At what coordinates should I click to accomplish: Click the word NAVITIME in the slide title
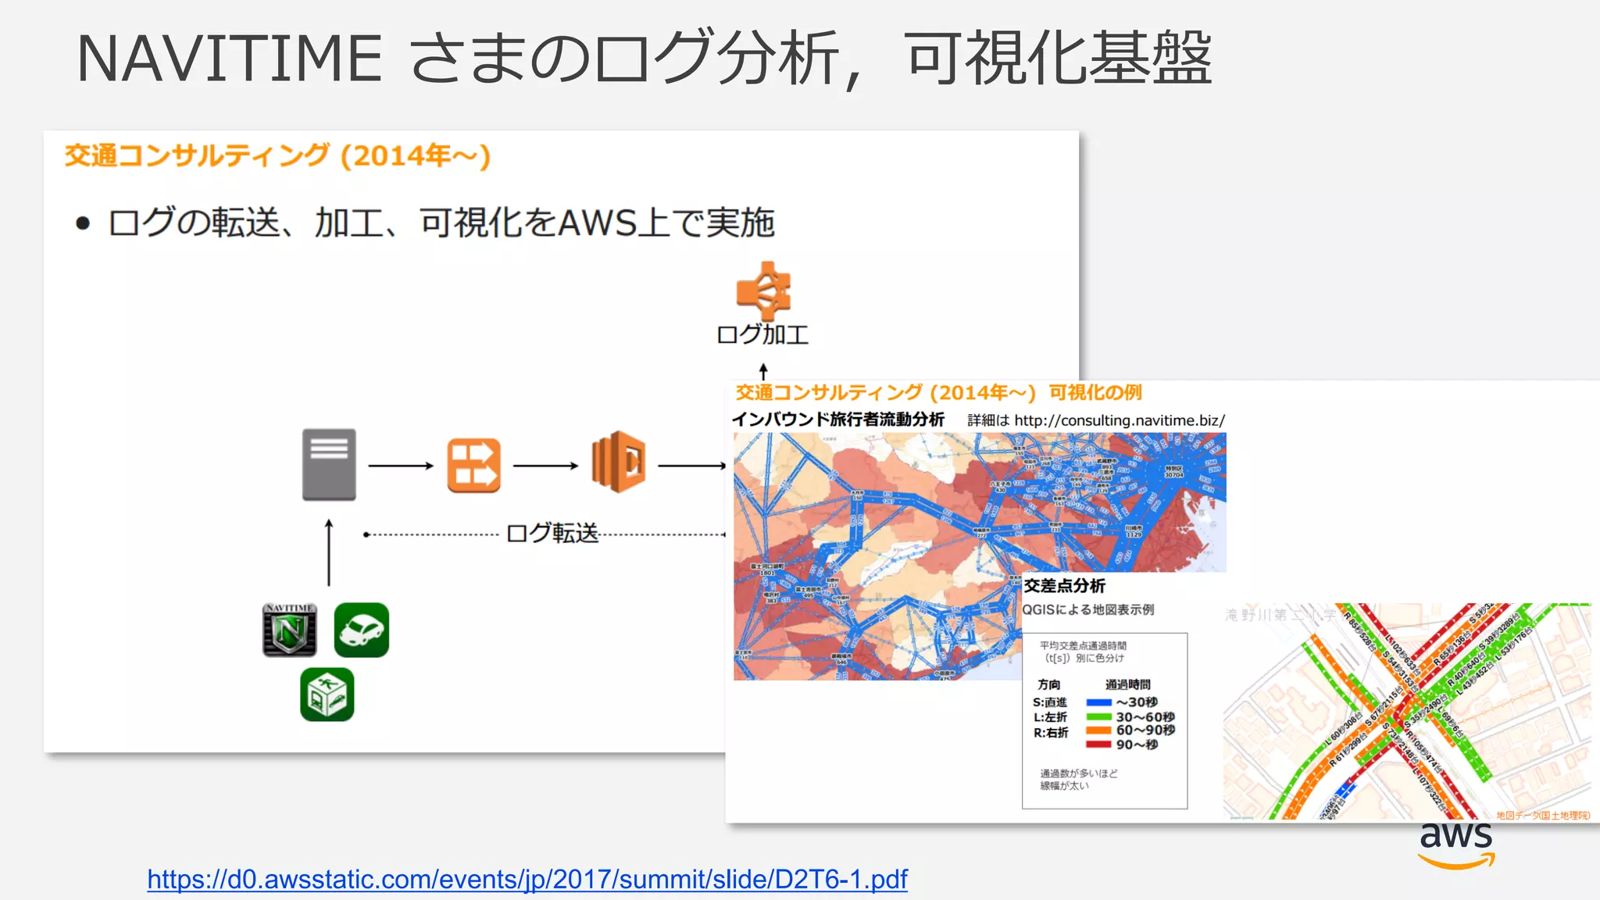[x=229, y=59]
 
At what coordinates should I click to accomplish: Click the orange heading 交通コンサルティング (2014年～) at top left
[x=277, y=155]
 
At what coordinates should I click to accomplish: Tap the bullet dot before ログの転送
[x=83, y=224]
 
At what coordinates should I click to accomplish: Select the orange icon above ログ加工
[x=763, y=291]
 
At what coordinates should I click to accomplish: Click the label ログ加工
[x=762, y=335]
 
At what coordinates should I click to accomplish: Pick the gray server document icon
[x=329, y=464]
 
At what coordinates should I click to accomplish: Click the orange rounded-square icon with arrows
[x=473, y=466]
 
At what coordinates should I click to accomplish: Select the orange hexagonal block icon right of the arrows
[x=619, y=462]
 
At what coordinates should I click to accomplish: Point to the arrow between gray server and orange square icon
[x=400, y=466]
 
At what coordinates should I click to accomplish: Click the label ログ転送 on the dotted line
[x=552, y=534]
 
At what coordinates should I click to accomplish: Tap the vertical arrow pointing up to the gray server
[x=329, y=552]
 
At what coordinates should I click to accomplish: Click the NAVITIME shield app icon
[x=290, y=630]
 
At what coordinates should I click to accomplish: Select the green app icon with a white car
[x=361, y=630]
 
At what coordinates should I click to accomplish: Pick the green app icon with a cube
[x=327, y=695]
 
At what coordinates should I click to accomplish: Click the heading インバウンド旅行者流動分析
[x=838, y=420]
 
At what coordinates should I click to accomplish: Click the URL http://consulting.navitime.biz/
[x=1119, y=420]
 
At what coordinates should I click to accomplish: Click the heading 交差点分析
[x=1064, y=586]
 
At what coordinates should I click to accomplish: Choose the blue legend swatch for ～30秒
[x=1098, y=702]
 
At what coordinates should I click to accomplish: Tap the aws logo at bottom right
[x=1456, y=844]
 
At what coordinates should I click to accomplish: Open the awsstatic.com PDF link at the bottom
[x=527, y=880]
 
